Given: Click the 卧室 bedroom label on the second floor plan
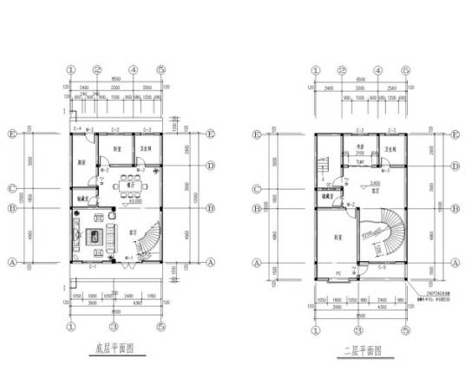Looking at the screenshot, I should tap(336, 237).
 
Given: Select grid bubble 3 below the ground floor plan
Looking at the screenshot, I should tap(114, 328).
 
